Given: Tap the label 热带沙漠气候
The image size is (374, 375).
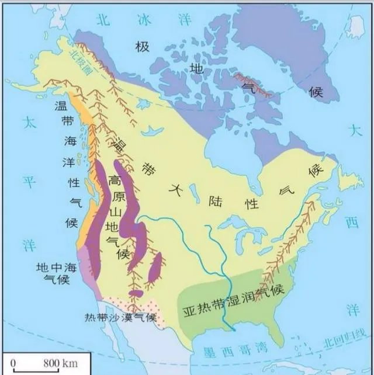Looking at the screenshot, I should point(120,317).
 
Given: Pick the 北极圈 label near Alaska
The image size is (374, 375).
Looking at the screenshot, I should point(78,58).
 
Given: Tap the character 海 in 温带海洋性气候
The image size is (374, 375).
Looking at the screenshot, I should point(69,142).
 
